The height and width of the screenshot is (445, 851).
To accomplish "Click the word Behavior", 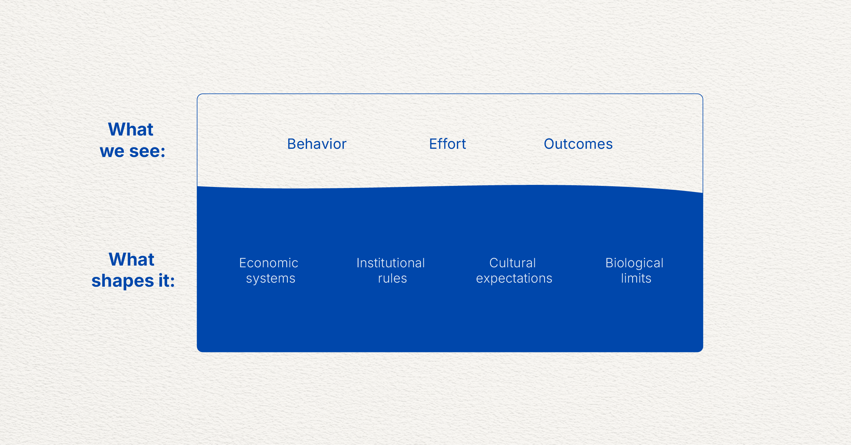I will tap(317, 144).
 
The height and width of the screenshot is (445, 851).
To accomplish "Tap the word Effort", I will tap(447, 144).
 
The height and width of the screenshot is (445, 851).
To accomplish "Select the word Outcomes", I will tap(578, 144).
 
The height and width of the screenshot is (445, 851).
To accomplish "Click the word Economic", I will tap(269, 263).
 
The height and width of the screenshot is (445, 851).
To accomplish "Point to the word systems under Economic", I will tap(271, 279).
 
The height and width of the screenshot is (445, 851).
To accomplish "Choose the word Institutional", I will tap(390, 263).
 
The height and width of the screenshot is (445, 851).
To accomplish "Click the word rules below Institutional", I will tap(392, 279).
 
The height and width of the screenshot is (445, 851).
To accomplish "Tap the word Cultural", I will tap(512, 263).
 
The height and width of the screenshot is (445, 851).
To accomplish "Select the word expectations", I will tap(514, 279).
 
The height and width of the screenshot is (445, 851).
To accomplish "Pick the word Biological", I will tap(634, 263).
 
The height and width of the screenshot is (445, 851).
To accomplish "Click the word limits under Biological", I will tap(636, 279).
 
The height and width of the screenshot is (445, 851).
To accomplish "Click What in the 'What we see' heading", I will tap(131, 129).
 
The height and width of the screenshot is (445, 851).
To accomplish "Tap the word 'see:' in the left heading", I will tap(147, 151).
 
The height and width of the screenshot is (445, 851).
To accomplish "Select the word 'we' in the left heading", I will tap(112, 151).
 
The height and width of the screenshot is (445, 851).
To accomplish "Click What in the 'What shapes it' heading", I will tap(131, 259).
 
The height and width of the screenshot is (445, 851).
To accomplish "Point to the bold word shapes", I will tap(123, 281).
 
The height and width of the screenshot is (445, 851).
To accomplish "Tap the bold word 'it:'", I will tap(166, 281).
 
